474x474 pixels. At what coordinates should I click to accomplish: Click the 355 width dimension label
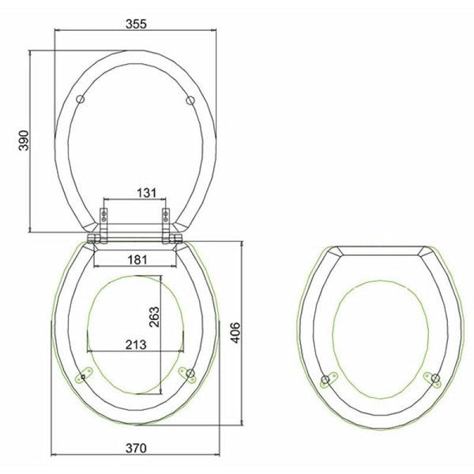pyautogui.click(x=135, y=23)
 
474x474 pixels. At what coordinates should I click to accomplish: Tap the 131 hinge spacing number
pyautogui.click(x=136, y=192)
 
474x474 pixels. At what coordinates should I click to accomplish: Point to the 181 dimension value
pyautogui.click(x=136, y=258)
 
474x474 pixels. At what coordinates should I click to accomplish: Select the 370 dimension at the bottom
pyautogui.click(x=136, y=448)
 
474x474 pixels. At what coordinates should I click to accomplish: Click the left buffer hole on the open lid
pyautogui.click(x=81, y=99)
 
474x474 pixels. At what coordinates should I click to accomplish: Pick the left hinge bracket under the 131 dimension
pyautogui.click(x=105, y=215)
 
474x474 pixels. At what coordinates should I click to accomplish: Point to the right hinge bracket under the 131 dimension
pyautogui.click(x=166, y=215)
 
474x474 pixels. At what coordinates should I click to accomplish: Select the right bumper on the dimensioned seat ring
pyautogui.click(x=189, y=374)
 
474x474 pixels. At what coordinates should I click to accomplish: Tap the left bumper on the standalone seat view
pyautogui.click(x=325, y=381)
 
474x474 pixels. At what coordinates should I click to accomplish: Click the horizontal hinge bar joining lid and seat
pyautogui.click(x=136, y=236)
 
